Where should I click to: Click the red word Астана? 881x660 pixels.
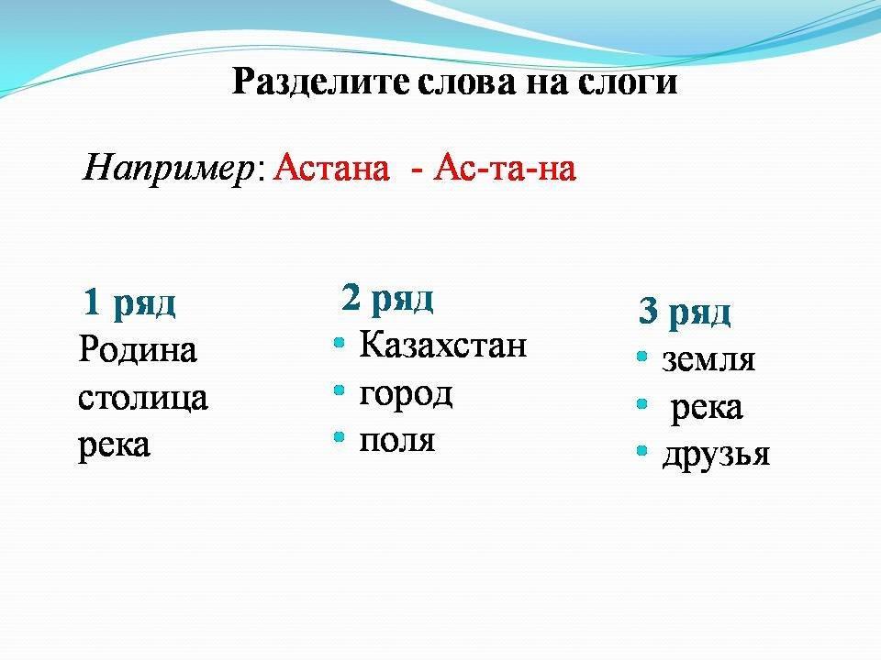[331, 167]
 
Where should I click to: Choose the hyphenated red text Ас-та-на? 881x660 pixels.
[505, 167]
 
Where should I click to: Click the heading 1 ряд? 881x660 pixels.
[129, 303]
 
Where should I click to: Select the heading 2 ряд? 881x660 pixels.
[387, 298]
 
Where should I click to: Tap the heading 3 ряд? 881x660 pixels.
[685, 312]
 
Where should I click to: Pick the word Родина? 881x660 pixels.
[138, 349]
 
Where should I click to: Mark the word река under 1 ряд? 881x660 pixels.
[114, 446]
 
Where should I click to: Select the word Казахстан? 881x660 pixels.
[442, 344]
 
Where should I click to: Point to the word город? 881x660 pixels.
[406, 394]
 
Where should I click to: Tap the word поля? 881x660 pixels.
[396, 441]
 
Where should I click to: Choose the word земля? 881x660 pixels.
[708, 359]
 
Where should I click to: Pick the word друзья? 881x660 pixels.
[716, 456]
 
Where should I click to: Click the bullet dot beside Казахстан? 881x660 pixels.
[339, 342]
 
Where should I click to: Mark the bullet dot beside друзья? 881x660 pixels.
[642, 451]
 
